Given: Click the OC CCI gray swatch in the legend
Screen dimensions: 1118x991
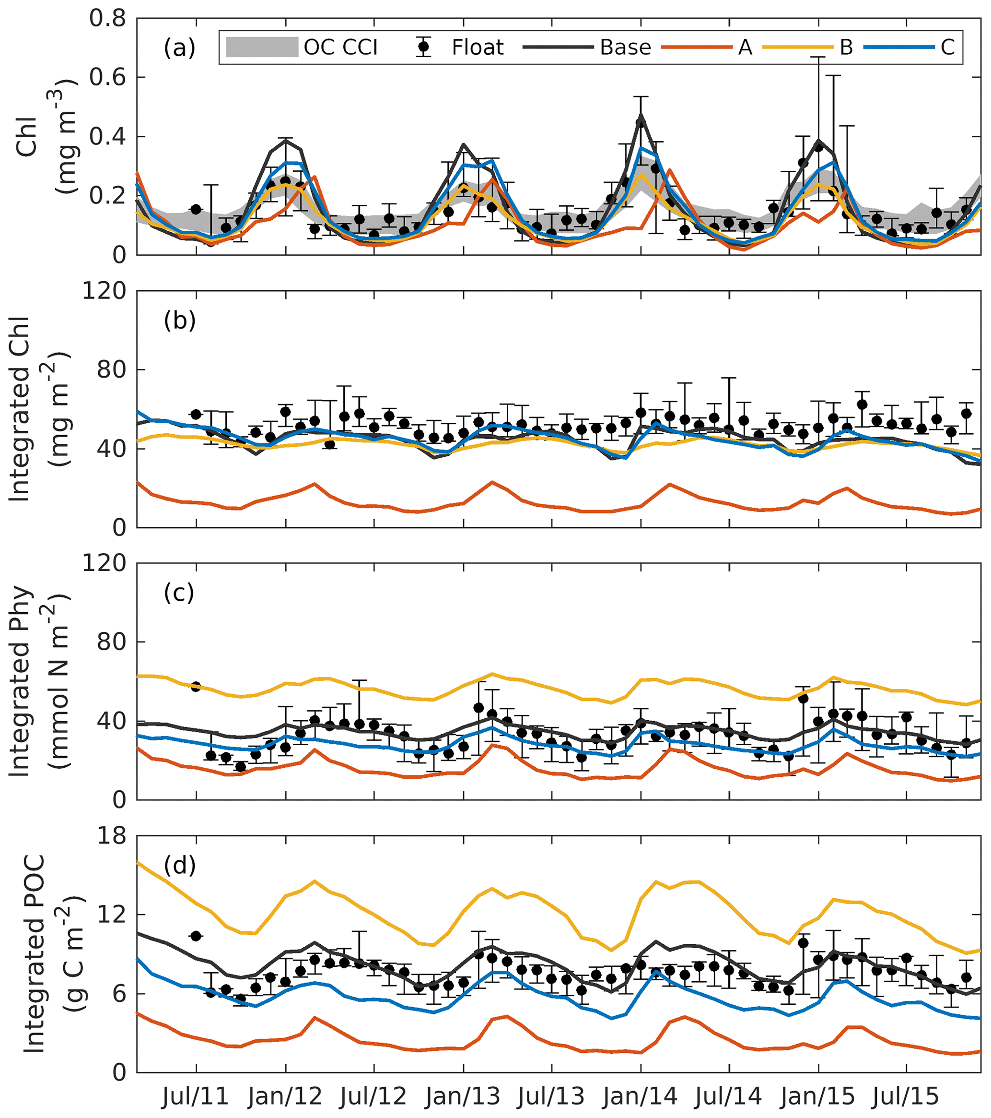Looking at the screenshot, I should (x=262, y=48).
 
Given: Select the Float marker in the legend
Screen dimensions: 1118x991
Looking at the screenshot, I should (x=423, y=48).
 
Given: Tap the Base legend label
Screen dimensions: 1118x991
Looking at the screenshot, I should (x=625, y=48).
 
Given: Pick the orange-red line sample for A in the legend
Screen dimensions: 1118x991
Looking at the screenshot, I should (x=696, y=48).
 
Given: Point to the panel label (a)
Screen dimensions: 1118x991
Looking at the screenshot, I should (x=179, y=48).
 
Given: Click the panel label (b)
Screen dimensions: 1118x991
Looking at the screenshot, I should (x=179, y=320).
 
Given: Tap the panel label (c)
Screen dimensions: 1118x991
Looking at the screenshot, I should (x=179, y=593).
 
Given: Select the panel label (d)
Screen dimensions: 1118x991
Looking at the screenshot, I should (x=179, y=865).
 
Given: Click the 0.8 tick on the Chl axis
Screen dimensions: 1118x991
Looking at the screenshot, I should (x=108, y=19).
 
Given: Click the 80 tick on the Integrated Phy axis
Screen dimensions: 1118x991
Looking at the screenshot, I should (x=111, y=642).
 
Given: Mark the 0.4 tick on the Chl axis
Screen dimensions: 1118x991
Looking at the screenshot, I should (x=108, y=136).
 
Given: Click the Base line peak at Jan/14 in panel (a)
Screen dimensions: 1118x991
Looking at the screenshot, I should (x=641, y=117).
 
